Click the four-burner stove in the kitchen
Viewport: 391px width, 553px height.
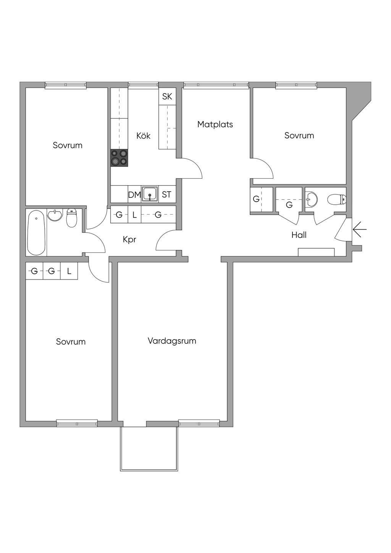coord(119,157)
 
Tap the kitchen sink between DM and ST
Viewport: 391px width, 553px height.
coord(150,194)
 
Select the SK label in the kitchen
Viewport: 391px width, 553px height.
coord(167,97)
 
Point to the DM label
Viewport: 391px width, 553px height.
coord(134,195)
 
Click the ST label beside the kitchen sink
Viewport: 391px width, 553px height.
coord(166,195)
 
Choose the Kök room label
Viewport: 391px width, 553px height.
coord(143,136)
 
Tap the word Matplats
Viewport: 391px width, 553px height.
coord(215,125)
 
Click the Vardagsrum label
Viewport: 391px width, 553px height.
coord(172,341)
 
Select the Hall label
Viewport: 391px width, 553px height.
coord(299,235)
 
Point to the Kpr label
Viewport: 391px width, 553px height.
coord(129,240)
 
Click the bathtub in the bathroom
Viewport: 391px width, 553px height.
coord(36,232)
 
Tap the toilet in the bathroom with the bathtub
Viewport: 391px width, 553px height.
coord(71,218)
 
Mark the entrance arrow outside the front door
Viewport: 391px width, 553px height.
coord(360,230)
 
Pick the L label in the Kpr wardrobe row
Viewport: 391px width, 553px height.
coord(134,215)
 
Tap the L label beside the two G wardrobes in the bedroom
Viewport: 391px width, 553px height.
coord(69,271)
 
